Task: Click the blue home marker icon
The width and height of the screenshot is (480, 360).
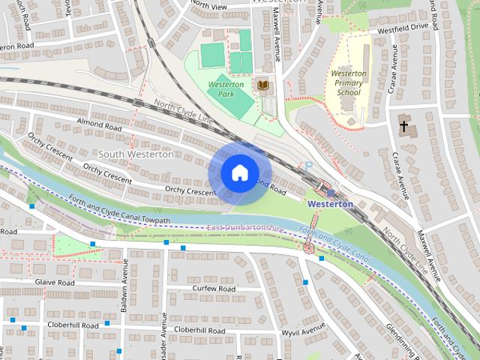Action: point(238,172)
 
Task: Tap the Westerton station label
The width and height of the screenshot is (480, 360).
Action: point(330,204)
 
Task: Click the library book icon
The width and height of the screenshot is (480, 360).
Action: point(263,85)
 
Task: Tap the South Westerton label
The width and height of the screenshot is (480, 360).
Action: point(136,154)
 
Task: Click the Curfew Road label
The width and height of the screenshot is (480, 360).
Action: point(214,289)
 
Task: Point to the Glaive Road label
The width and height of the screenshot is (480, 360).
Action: point(55,283)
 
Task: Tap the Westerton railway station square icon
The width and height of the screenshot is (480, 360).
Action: point(331,193)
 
